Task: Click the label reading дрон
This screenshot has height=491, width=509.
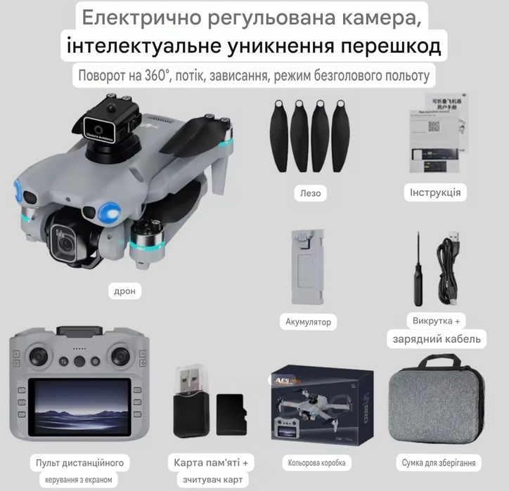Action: point(124,290)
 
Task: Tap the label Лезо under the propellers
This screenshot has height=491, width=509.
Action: point(309,192)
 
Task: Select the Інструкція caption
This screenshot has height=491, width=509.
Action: point(435,192)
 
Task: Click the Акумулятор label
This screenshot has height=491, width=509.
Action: point(308,322)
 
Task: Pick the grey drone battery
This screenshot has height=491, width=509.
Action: point(307,267)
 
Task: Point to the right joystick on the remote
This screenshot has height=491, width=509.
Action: point(125,353)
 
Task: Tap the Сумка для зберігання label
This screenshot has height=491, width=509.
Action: point(439,463)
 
